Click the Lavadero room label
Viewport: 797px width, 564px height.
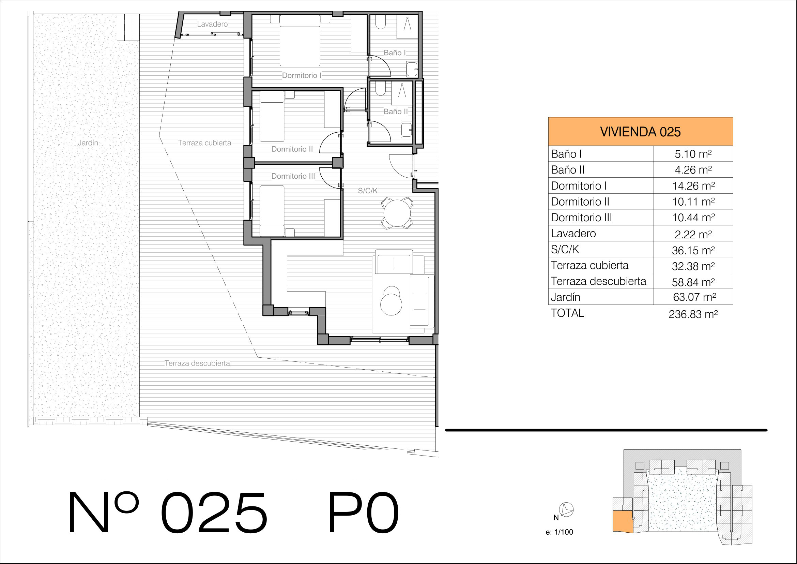pyautogui.click(x=212, y=24)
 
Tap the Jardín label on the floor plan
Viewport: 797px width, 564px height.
pyautogui.click(x=88, y=143)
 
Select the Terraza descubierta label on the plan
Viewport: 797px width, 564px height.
pyautogui.click(x=197, y=363)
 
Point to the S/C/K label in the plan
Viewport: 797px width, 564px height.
pyautogui.click(x=368, y=191)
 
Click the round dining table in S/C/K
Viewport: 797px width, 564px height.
pyautogui.click(x=397, y=213)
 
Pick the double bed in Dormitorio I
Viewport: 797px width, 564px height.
pyautogui.click(x=300, y=40)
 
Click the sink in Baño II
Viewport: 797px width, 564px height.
pyautogui.click(x=407, y=130)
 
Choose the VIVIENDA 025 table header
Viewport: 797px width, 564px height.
pyautogui.click(x=641, y=132)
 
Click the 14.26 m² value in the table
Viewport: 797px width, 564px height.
pyautogui.click(x=693, y=186)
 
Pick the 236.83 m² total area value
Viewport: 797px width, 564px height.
pyautogui.click(x=693, y=314)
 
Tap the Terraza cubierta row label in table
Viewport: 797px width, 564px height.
pyautogui.click(x=590, y=265)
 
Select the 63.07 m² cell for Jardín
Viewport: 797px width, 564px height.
pyautogui.click(x=693, y=297)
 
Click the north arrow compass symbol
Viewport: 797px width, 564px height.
pyautogui.click(x=566, y=510)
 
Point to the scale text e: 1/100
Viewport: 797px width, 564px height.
pyautogui.click(x=559, y=532)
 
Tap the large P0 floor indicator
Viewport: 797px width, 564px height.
pyautogui.click(x=364, y=512)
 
